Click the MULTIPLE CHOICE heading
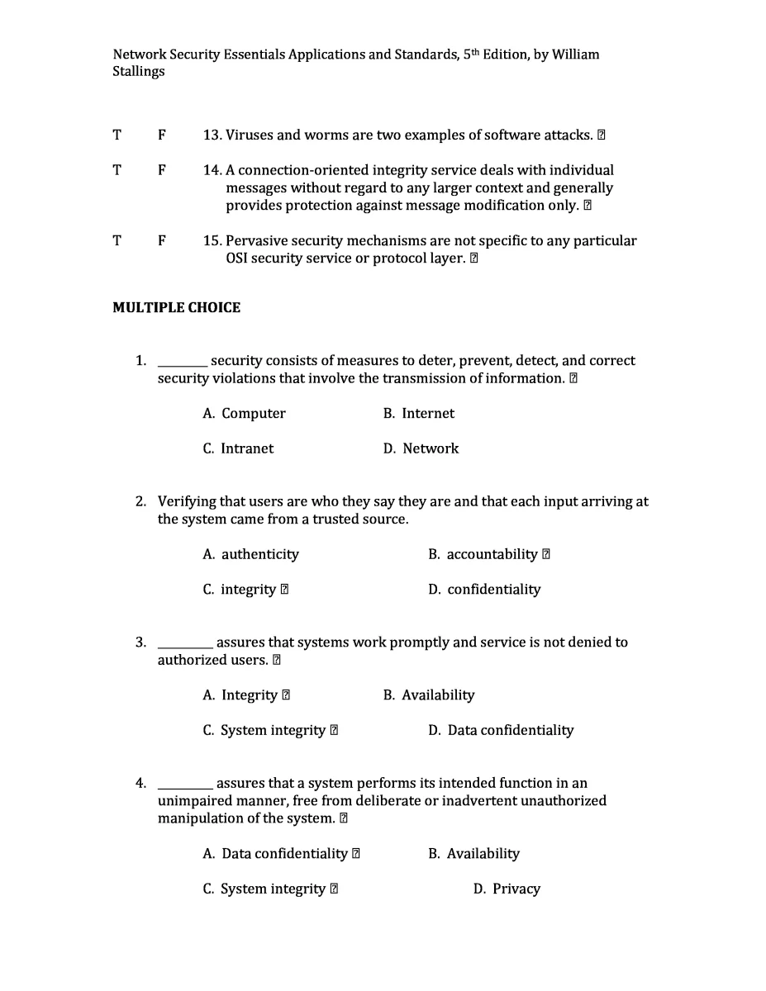(x=176, y=308)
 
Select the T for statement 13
(x=117, y=135)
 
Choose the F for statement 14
(x=162, y=170)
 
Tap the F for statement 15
(x=162, y=241)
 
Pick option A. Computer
(x=244, y=414)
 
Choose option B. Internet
(x=418, y=414)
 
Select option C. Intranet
(x=238, y=448)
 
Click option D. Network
(x=421, y=448)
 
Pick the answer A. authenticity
(x=250, y=554)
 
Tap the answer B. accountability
(x=483, y=554)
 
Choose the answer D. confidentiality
(x=484, y=590)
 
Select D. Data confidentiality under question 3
(x=501, y=730)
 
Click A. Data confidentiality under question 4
(x=275, y=854)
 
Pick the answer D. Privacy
(x=507, y=889)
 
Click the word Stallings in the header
(x=139, y=72)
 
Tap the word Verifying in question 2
(x=187, y=501)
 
